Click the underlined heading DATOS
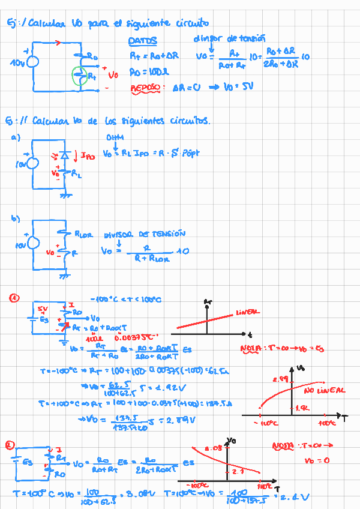click(143, 41)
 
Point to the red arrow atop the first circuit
click(58, 42)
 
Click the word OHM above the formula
click(114, 137)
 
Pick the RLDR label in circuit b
click(83, 235)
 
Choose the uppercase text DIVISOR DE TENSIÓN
click(145, 234)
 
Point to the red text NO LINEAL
click(324, 390)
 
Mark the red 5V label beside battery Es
click(42, 309)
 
